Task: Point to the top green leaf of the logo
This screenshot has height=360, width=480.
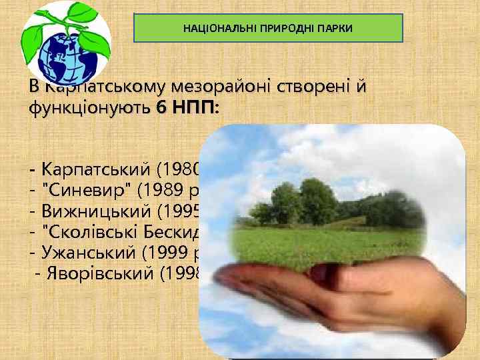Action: click(79, 13)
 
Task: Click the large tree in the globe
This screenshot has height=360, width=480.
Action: click(313, 200)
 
